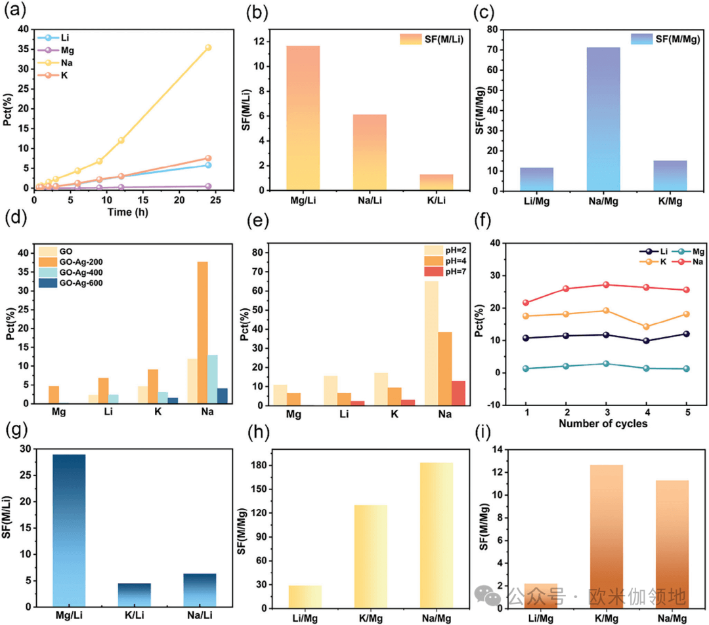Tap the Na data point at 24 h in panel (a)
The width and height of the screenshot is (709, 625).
coord(208,47)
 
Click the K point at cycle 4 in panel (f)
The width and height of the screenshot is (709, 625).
coord(646,327)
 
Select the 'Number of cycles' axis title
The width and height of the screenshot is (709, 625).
coord(603,424)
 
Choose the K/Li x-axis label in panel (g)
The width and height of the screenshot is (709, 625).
coord(135,615)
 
